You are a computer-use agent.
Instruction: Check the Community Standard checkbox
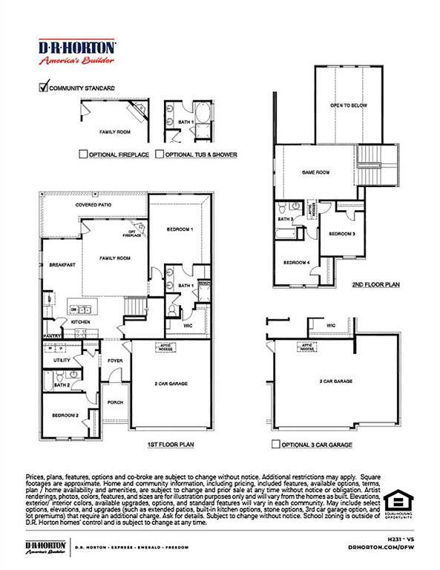(x=43, y=87)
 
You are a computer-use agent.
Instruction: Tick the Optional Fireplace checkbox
(x=83, y=154)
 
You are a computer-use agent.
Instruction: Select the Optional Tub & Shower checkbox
(x=160, y=154)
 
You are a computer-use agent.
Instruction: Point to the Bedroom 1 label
(x=180, y=229)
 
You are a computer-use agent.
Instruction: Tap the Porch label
(x=115, y=403)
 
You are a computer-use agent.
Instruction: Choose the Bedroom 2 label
(x=65, y=415)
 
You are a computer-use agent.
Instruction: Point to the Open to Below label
(x=349, y=105)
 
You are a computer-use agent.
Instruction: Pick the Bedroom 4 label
(x=296, y=263)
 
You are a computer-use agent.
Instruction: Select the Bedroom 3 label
(x=342, y=234)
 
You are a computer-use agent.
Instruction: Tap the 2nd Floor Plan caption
(x=376, y=284)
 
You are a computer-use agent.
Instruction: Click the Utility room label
(x=61, y=360)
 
